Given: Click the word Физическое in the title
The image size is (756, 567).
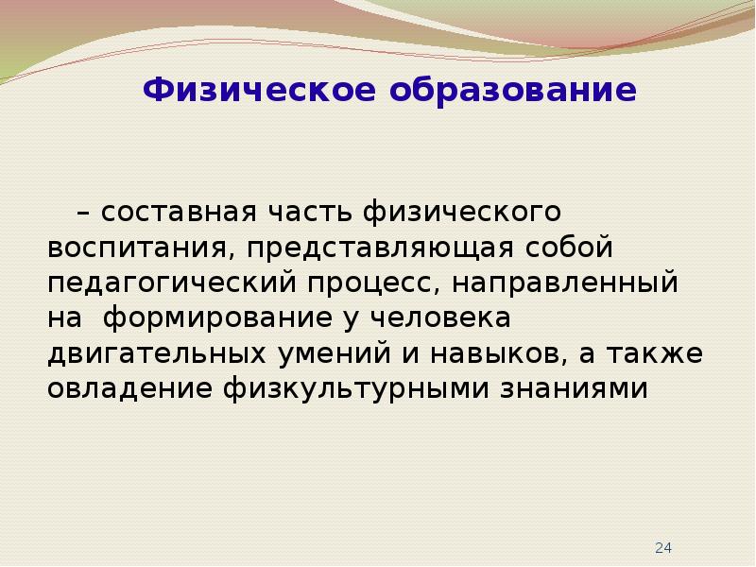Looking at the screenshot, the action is tap(259, 91).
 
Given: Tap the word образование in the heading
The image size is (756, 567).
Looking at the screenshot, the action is tap(513, 89).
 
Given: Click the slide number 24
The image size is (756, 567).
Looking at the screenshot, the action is tap(663, 548).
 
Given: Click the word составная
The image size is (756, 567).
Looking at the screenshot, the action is tap(179, 212).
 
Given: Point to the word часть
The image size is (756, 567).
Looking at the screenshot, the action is tap(310, 211).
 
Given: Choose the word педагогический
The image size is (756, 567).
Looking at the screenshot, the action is tap(172, 283).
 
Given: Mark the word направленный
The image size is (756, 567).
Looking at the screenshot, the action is tap(564, 283).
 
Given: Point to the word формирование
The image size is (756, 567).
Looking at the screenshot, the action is tap(218, 319).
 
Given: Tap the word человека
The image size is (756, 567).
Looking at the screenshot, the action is tap(440, 318).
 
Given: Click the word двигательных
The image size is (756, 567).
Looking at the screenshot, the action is tap(157, 354).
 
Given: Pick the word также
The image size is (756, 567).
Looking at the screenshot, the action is tap(655, 353).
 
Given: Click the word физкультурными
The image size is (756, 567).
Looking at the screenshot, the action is tap(356, 389).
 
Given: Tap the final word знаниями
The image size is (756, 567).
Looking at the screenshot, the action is tap(574, 389).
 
